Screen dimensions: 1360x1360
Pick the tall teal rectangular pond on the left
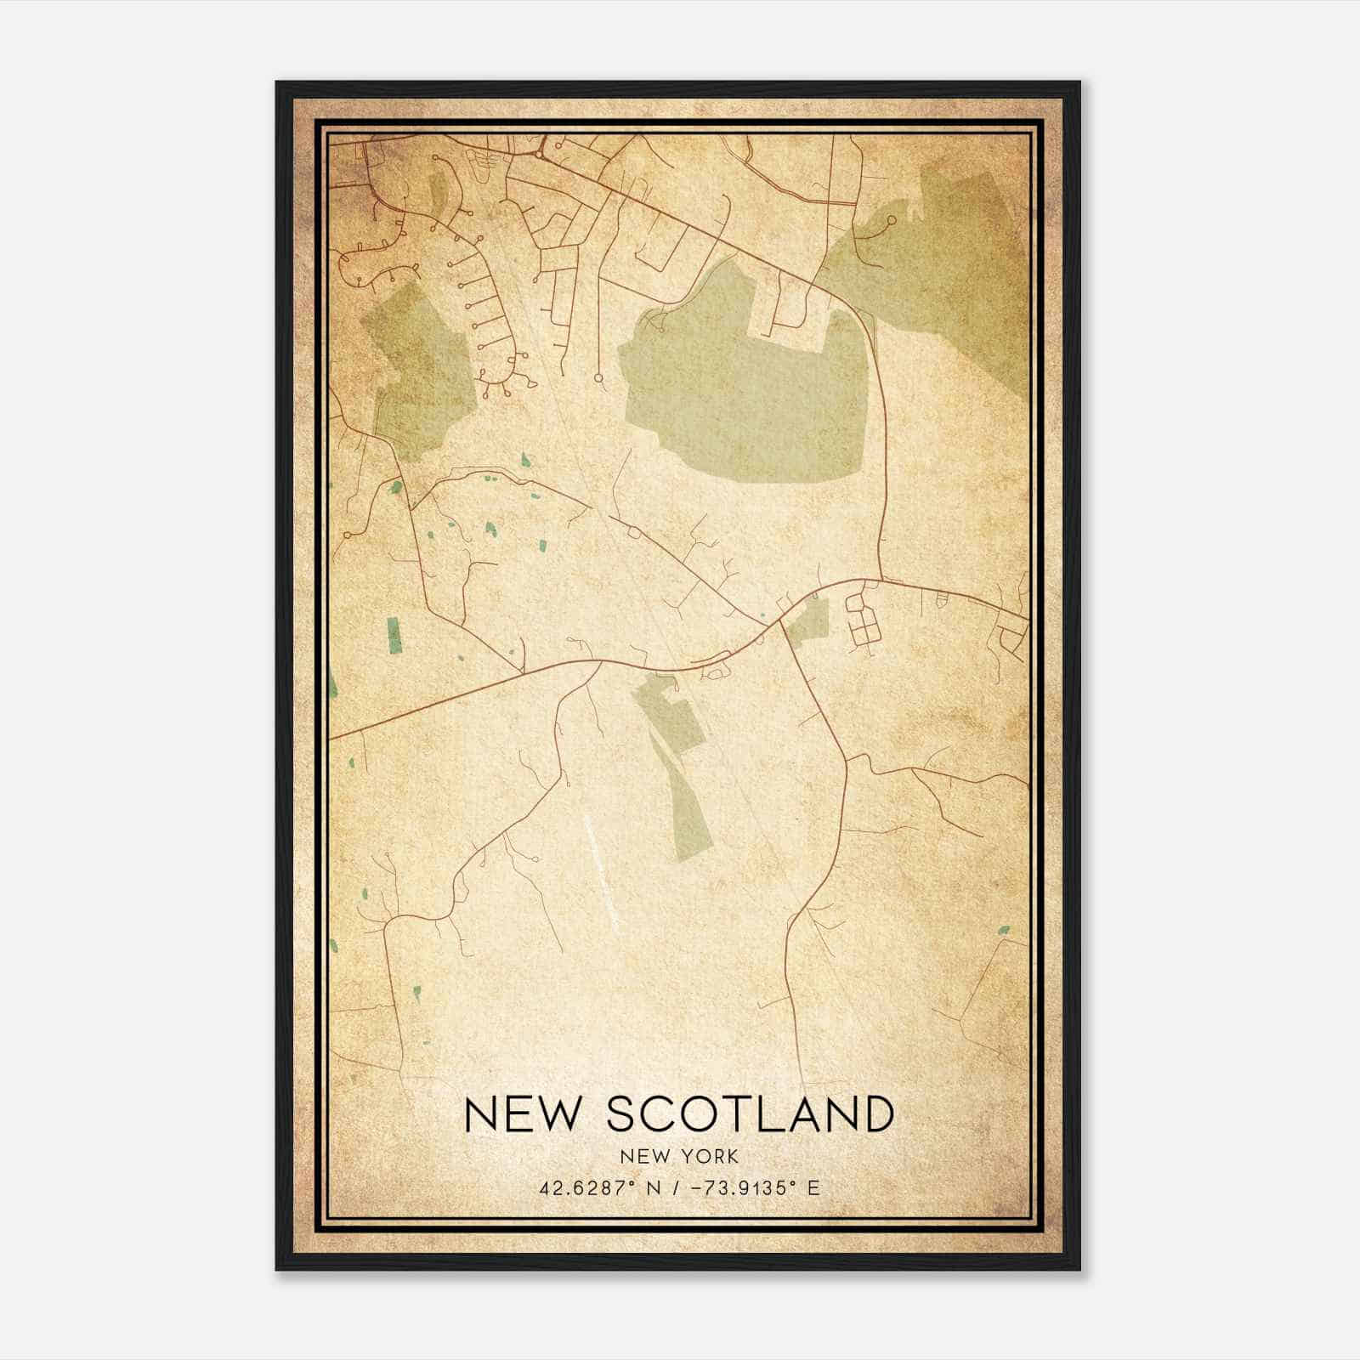coord(394,636)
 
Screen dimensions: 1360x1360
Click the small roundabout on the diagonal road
coord(634,533)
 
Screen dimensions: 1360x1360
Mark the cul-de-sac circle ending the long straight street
coord(598,377)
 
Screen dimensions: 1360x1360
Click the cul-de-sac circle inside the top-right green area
coord(890,220)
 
